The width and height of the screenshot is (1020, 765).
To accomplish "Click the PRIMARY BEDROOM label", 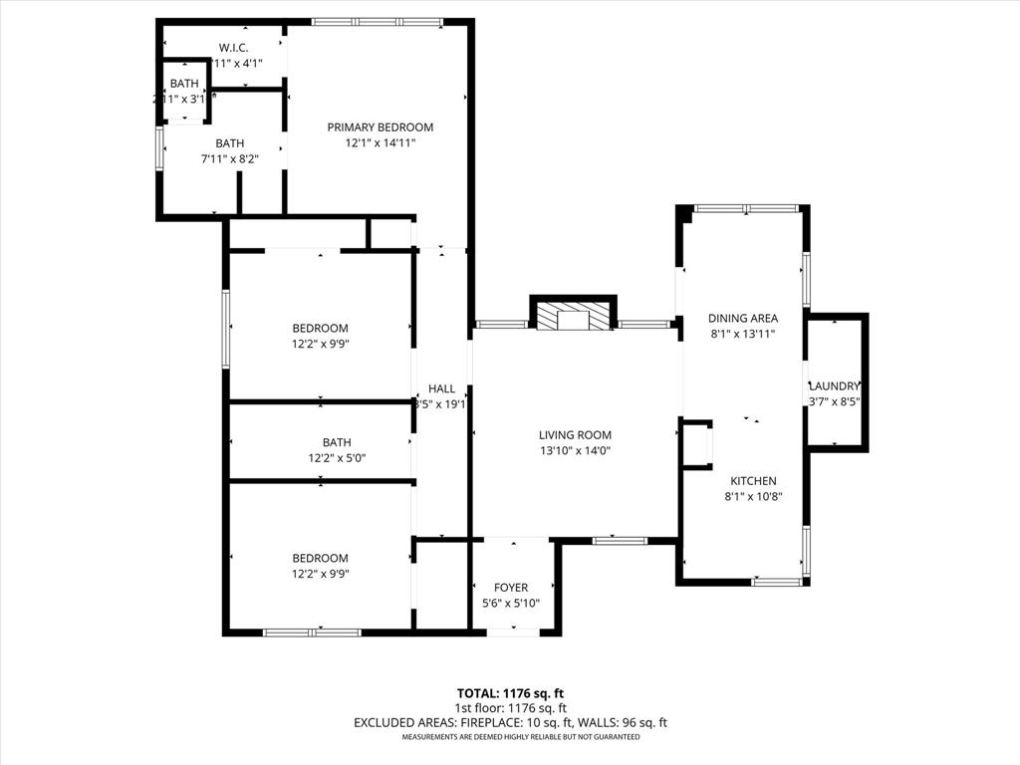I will (x=380, y=127).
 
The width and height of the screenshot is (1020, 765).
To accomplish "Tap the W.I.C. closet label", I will (x=233, y=48).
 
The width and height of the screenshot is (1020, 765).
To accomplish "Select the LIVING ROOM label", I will (x=575, y=435).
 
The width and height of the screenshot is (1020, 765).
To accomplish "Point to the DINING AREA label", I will (x=742, y=319).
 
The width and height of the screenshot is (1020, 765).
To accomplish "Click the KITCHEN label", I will (x=753, y=481).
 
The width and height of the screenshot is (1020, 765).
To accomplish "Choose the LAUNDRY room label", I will (x=835, y=386).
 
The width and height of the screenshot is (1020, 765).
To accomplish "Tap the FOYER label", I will (x=511, y=588).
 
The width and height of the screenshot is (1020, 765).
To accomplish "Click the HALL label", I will (x=441, y=388).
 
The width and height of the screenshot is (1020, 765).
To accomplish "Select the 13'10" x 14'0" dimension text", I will (x=575, y=450).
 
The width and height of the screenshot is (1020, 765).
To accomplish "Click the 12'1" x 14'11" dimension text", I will (x=380, y=142).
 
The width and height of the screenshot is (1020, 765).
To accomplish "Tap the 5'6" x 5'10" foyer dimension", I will (x=511, y=603).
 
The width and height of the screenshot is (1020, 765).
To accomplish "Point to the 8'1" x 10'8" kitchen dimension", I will (x=753, y=496).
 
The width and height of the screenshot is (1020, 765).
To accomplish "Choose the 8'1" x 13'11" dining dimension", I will (x=742, y=335).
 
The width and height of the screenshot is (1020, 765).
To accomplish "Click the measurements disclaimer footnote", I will (x=520, y=737).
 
